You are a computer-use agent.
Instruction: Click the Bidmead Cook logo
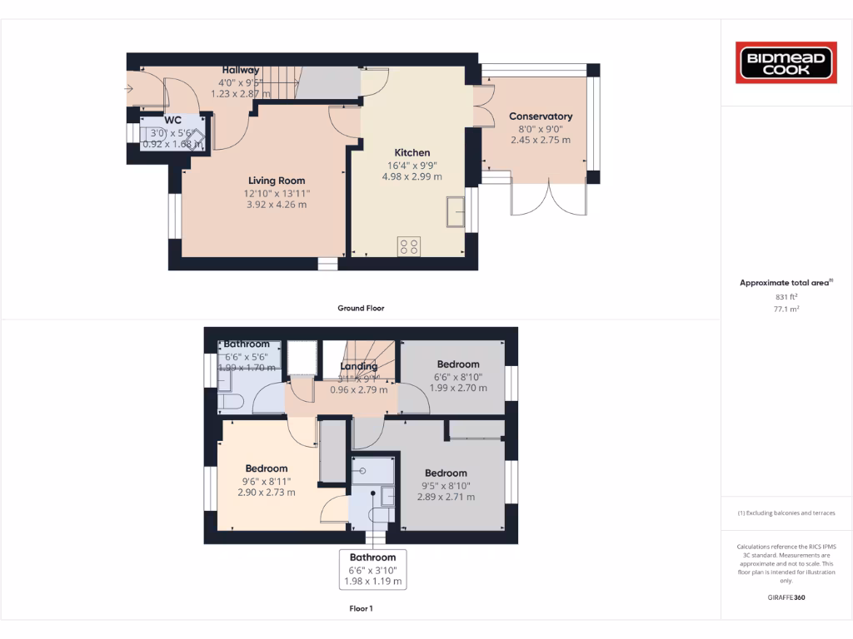point(786,63)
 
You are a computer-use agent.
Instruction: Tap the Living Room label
point(277,181)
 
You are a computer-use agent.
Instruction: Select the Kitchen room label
point(412,152)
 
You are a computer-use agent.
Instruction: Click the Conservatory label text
point(541,116)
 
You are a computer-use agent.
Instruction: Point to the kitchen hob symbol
point(409,246)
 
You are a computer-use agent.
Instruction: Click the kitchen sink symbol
point(456,211)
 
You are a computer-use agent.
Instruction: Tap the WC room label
point(172,121)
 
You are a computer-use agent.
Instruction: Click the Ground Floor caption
point(361,308)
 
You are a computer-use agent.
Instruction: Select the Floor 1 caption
point(361,608)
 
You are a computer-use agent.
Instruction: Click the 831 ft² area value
point(786,296)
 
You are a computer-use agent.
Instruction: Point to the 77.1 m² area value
point(786,308)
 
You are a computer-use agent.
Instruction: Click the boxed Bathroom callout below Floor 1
point(372,570)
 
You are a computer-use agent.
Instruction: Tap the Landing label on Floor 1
point(359,366)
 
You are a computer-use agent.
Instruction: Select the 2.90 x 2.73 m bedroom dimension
point(266,493)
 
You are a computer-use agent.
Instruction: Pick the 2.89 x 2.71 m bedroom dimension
point(446,497)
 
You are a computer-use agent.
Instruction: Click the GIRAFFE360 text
point(786,597)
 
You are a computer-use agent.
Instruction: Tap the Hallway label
point(240,70)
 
